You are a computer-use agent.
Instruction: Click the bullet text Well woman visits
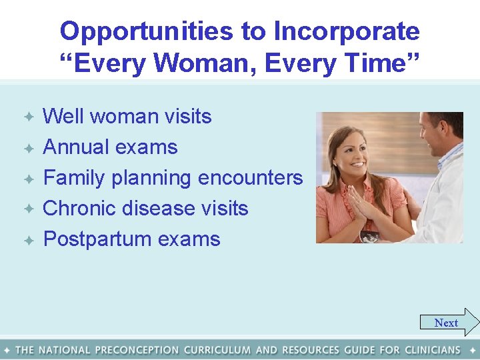[127, 116]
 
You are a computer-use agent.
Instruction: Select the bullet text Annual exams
[110, 147]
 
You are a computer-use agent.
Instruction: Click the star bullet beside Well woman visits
[29, 117]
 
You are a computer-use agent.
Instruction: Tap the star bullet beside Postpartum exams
[29, 240]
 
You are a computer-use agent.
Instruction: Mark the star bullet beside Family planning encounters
[29, 179]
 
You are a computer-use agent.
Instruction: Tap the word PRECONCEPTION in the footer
[137, 350]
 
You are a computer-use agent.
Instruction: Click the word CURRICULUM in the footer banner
[217, 350]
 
